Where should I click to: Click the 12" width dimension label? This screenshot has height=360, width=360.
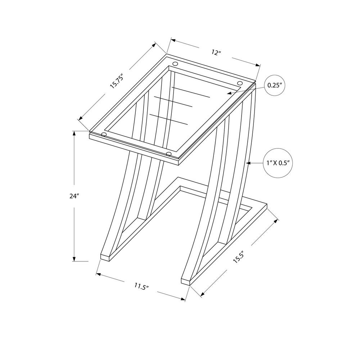[x=216, y=53]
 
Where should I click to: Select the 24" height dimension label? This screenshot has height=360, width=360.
[x=75, y=196]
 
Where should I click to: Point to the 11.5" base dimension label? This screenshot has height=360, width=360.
[x=141, y=287]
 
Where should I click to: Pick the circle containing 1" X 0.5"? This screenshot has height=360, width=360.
[x=277, y=163]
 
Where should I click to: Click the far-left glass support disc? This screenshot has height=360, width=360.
[x=104, y=135]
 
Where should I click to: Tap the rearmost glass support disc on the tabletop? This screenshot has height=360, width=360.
[x=175, y=64]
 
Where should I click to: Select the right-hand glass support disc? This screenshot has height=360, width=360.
[x=239, y=84]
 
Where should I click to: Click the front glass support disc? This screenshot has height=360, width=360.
[x=168, y=154]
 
